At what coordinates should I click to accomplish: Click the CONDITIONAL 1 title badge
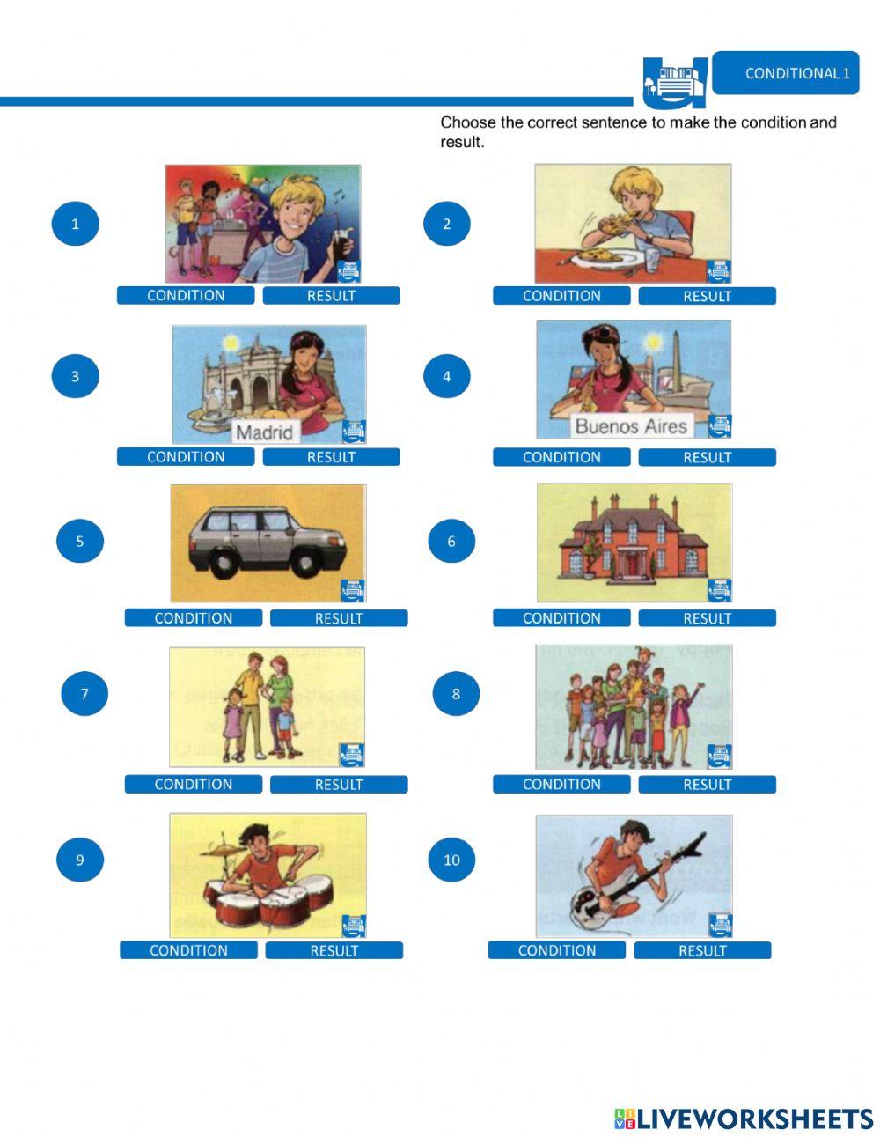(785, 73)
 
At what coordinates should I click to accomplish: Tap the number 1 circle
(76, 224)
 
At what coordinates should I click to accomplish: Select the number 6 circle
(451, 541)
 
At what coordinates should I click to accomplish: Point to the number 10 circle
(451, 860)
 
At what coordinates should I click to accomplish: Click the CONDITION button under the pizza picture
(561, 296)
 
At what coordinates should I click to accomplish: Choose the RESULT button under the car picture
(339, 618)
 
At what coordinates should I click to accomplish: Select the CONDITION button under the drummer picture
(188, 950)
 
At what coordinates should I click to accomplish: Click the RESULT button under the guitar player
(702, 950)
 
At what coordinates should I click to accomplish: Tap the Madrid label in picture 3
(264, 432)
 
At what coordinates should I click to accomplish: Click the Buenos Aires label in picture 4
(631, 426)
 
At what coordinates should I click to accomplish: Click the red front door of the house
(633, 565)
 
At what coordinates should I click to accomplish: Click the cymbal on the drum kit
(223, 851)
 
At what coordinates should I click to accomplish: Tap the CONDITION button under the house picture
(561, 618)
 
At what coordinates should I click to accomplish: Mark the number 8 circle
(456, 694)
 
